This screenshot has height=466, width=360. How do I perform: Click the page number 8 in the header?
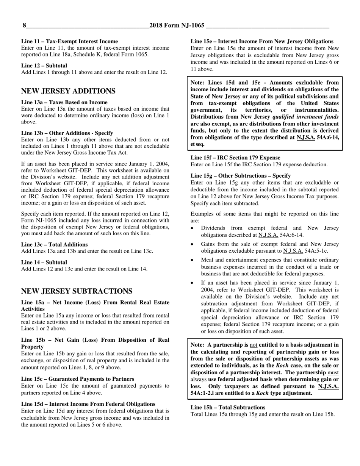click(25, 26)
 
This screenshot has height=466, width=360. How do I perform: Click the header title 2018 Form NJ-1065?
click(177, 26)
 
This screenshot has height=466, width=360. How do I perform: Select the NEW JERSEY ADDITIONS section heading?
click(68, 91)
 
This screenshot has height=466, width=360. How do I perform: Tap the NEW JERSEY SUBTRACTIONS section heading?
click(77, 291)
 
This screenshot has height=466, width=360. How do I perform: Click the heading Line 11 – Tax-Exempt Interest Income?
click(69, 41)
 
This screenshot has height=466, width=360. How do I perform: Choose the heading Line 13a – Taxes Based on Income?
click(64, 102)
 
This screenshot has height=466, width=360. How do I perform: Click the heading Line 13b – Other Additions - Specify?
click(67, 133)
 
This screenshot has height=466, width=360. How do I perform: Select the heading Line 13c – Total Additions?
click(54, 244)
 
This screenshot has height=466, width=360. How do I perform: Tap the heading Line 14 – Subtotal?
click(44, 262)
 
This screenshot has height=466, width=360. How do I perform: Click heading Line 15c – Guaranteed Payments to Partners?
click(77, 379)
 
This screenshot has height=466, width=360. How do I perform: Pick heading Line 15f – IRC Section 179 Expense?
click(235, 158)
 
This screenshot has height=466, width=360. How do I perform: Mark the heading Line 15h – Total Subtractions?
click(228, 407)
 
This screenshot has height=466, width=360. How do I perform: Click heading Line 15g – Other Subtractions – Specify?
click(241, 175)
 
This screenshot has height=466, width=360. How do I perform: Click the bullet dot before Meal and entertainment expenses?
click(193, 260)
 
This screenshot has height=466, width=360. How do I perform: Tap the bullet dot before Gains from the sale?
click(193, 244)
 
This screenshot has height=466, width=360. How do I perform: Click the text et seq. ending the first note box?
click(197, 144)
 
